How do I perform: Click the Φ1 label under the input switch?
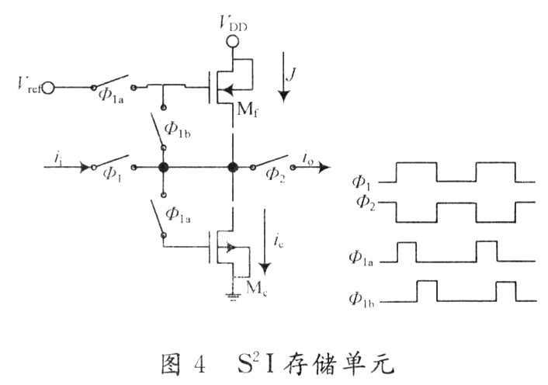coord(113,175)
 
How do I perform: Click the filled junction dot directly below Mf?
coord(231,167)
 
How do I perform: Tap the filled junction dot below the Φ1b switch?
coord(164,167)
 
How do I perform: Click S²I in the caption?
coord(257,360)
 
